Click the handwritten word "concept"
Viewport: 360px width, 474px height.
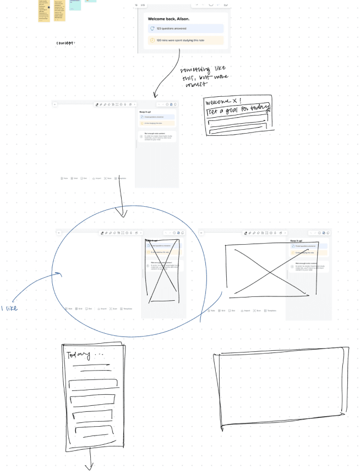(x=66, y=43)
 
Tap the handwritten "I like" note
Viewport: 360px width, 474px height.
(x=9, y=308)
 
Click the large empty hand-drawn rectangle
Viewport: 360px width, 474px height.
(x=280, y=388)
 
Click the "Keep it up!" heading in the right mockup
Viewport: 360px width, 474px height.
(x=297, y=241)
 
